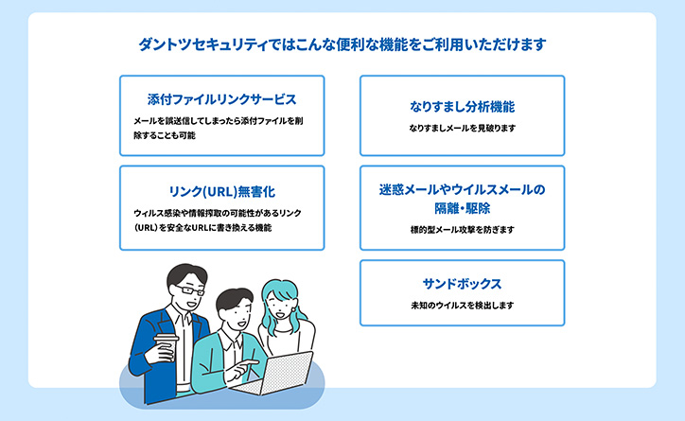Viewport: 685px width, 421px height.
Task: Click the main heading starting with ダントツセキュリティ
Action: (342, 44)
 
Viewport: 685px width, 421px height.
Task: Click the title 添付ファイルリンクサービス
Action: (222, 99)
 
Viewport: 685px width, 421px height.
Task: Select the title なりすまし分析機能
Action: (463, 107)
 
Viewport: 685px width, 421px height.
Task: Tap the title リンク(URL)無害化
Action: (222, 192)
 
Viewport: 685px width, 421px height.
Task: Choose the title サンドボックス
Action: (463, 284)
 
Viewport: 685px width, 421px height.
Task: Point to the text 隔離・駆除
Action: (463, 208)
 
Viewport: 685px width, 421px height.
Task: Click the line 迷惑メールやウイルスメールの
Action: (463, 189)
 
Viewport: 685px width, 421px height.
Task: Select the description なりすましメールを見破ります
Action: (463, 128)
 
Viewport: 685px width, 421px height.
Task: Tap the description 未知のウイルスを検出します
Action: (463, 306)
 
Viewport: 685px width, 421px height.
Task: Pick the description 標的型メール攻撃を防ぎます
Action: (463, 230)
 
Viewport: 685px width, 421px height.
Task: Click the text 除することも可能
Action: (165, 135)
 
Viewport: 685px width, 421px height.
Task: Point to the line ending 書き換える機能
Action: (202, 228)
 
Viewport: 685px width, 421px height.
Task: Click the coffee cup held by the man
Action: (167, 347)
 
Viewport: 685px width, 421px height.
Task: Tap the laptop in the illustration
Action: (274, 374)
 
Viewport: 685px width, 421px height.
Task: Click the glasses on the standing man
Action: (190, 289)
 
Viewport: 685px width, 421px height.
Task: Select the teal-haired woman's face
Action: (280, 306)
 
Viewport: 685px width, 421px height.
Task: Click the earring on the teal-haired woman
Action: (293, 309)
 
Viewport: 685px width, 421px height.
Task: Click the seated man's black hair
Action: (234, 299)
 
